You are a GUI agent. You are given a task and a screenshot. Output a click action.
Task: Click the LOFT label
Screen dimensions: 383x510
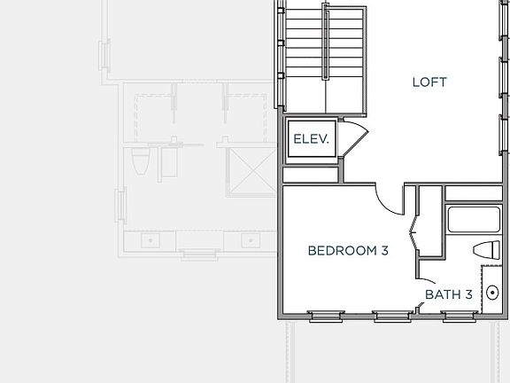[x=429, y=82]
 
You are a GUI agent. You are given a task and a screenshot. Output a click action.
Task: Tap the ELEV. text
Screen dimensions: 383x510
[x=312, y=139]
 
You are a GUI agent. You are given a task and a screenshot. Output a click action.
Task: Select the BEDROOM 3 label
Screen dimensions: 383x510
[x=348, y=251]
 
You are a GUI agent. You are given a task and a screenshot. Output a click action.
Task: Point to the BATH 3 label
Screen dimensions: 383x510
[x=448, y=294]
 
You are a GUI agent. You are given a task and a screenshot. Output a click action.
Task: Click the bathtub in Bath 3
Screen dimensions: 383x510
[x=475, y=220]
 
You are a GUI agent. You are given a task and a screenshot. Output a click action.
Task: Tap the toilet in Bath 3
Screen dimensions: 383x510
[x=488, y=249]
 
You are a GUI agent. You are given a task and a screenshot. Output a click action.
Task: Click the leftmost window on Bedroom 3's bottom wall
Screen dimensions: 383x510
[x=325, y=315]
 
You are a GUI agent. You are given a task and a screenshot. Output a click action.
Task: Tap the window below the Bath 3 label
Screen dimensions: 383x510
[x=459, y=315]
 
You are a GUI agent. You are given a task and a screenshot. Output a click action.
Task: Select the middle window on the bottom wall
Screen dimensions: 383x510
[x=390, y=315]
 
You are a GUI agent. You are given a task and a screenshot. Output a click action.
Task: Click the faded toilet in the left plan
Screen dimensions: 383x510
[x=139, y=163]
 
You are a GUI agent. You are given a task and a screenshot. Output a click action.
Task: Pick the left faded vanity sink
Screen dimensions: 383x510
[x=150, y=239]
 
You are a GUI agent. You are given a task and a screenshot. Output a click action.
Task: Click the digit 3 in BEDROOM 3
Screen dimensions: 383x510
[x=384, y=251]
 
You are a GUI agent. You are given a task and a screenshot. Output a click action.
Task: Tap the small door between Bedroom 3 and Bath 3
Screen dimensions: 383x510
[x=420, y=306]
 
